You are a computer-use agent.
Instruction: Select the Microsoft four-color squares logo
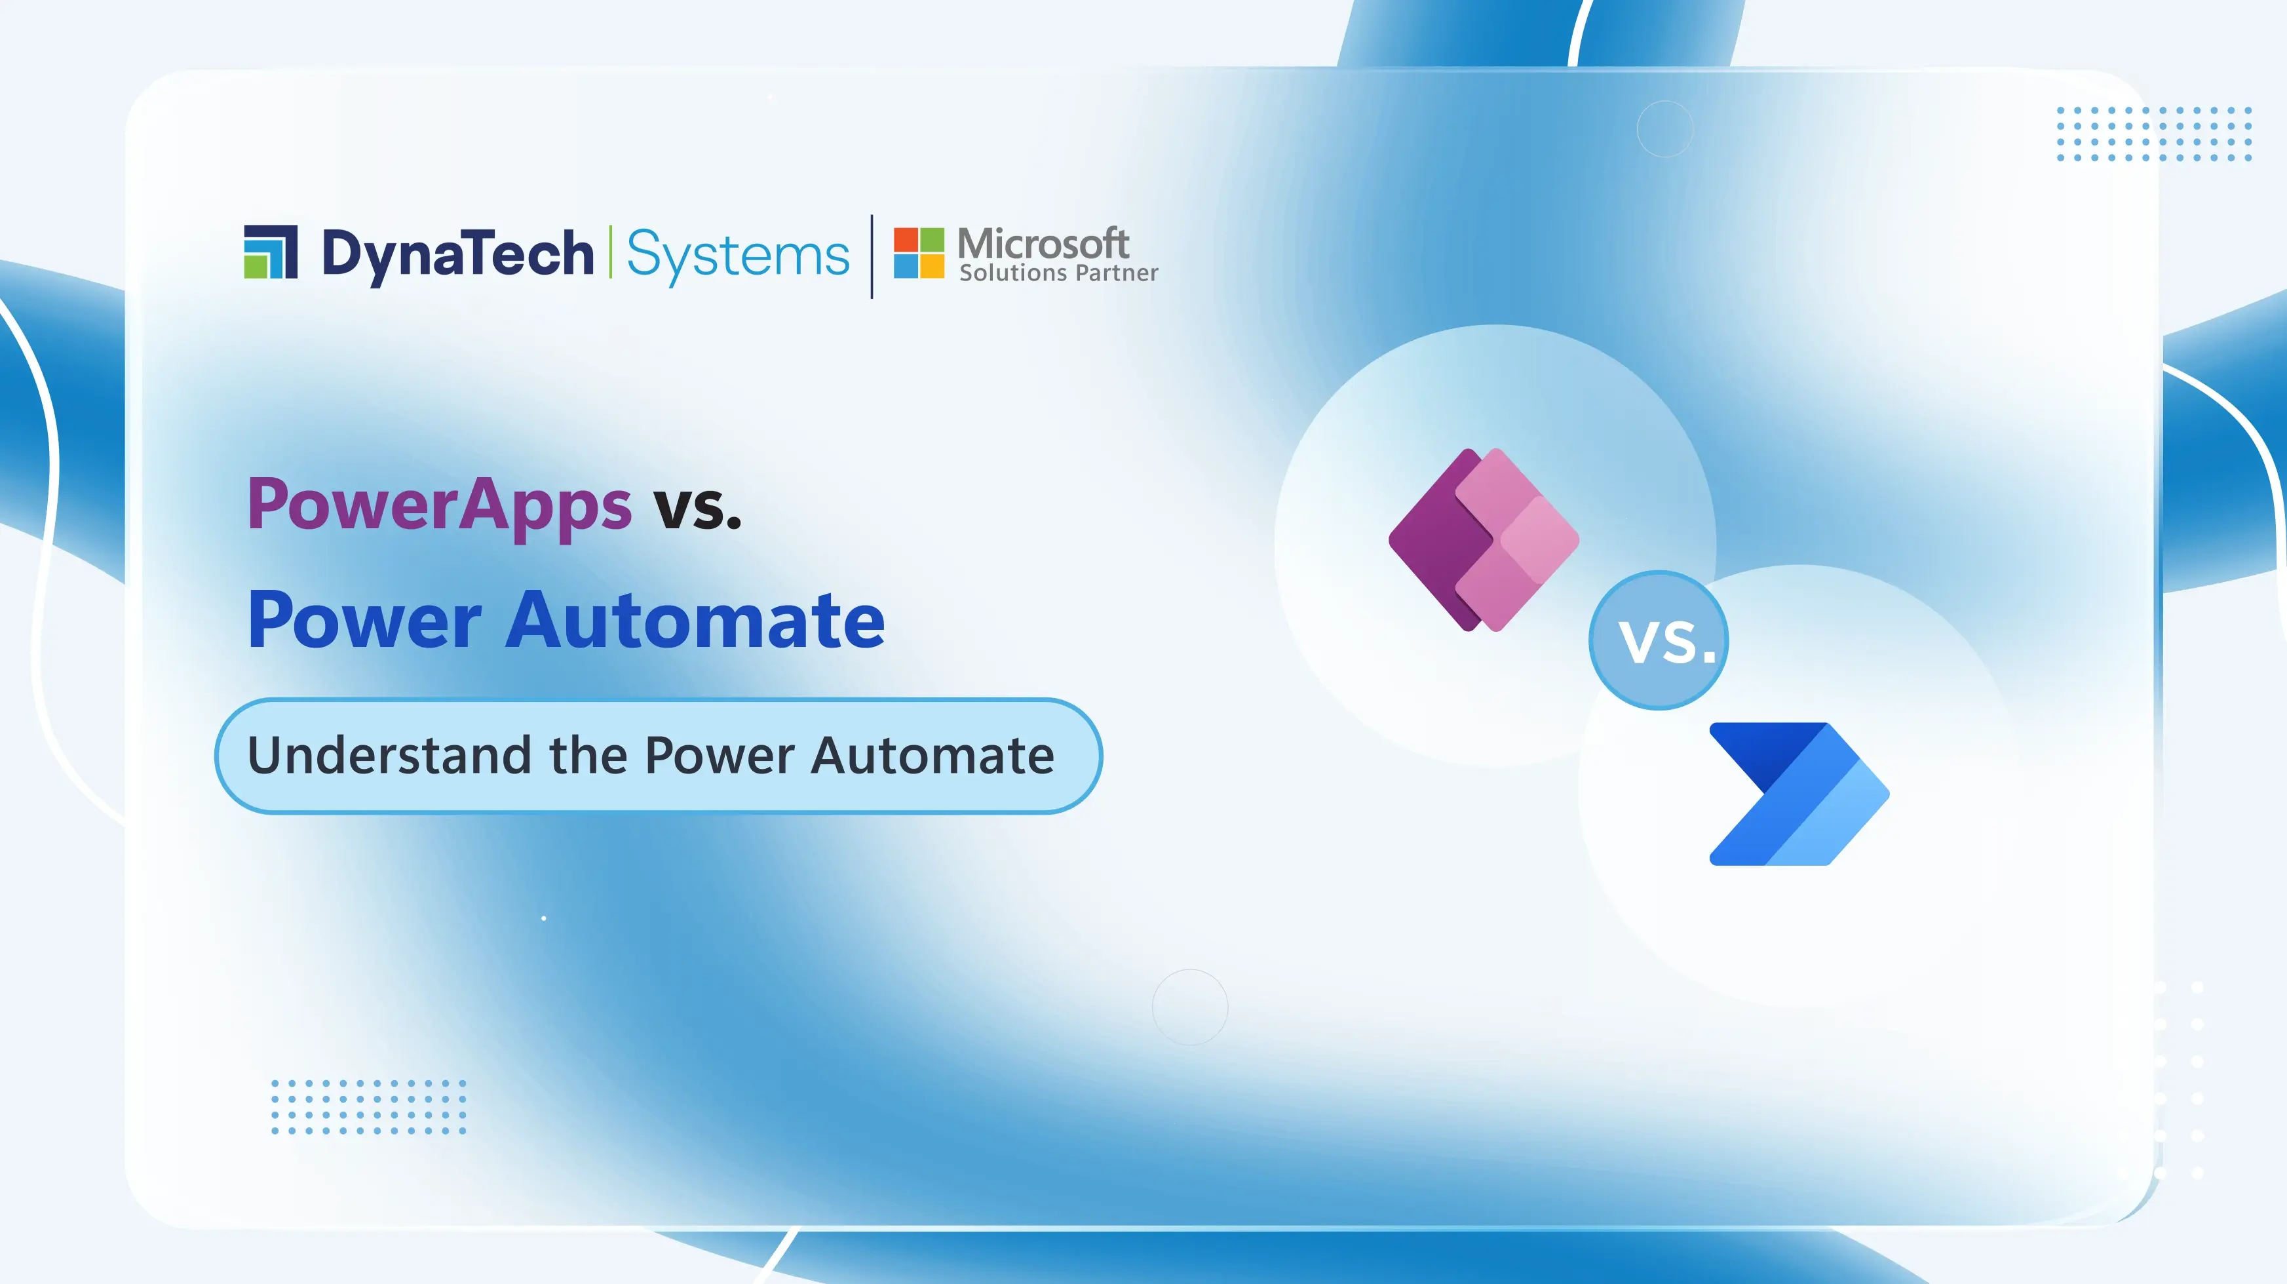[x=919, y=253]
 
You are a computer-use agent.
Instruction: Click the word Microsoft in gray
[x=1043, y=243]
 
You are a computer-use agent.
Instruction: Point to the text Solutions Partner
[x=1058, y=273]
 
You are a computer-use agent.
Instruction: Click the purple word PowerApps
[x=440, y=505]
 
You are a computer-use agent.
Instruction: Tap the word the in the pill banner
[x=588, y=756]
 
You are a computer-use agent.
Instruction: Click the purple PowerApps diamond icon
[x=1484, y=540]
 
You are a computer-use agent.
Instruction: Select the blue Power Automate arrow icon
[x=1797, y=793]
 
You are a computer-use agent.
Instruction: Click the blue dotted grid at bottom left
[x=368, y=1106]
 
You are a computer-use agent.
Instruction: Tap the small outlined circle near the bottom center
[x=1189, y=1007]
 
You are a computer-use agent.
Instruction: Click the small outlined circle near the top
[x=1664, y=128]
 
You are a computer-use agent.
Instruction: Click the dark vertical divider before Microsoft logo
[x=872, y=256]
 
